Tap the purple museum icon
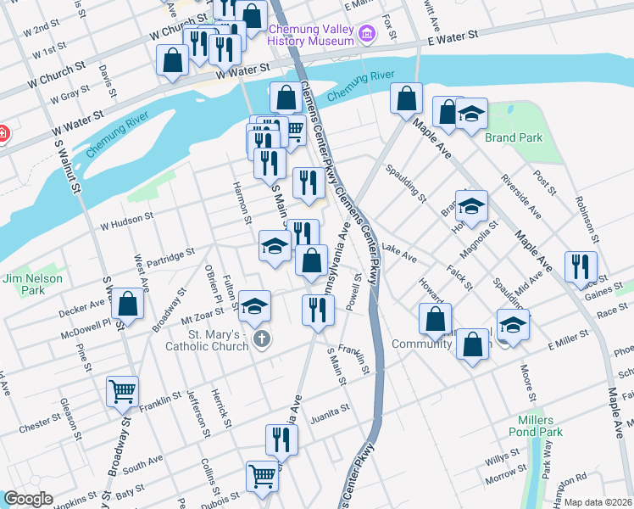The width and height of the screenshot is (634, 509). click(x=367, y=34)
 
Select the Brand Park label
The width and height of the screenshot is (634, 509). click(x=513, y=137)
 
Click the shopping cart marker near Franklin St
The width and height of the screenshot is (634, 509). click(x=123, y=391)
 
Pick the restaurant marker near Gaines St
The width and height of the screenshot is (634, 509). click(x=581, y=265)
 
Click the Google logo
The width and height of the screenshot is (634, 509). click(x=28, y=499)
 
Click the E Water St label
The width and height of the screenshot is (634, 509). click(x=453, y=38)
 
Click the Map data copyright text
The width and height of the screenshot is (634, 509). click(x=598, y=502)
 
